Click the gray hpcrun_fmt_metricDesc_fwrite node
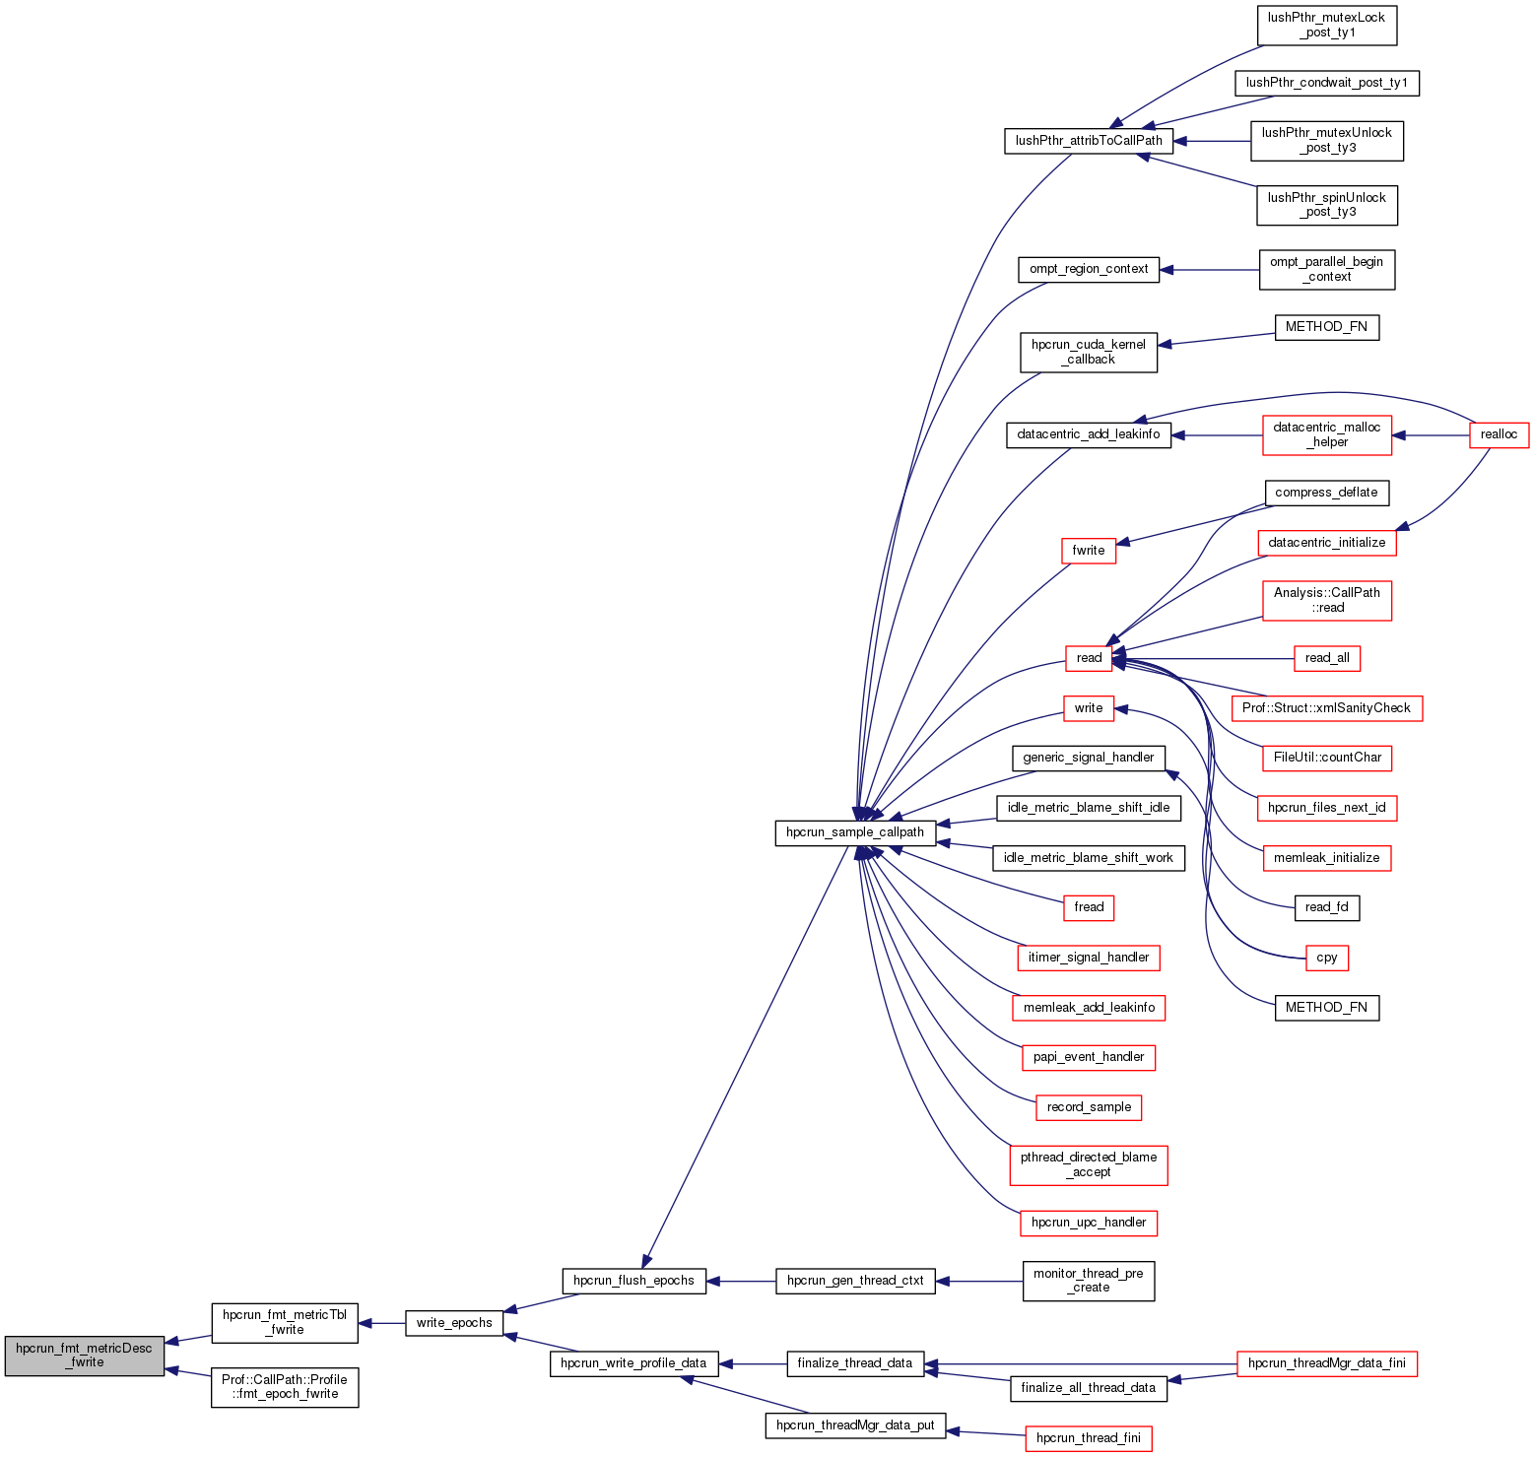click(84, 1356)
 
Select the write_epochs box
click(454, 1323)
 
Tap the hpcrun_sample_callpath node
click(855, 832)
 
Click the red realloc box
click(1499, 434)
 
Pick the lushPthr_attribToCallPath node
click(1089, 141)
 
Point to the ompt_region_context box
click(1089, 269)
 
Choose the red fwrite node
click(1089, 551)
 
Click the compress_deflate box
click(1326, 493)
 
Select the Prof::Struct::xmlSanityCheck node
click(1326, 708)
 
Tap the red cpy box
click(1326, 958)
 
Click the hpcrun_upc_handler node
click(1089, 1223)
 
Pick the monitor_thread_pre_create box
click(1089, 1281)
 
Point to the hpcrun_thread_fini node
click(1089, 1438)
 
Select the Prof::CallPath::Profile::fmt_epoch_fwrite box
click(285, 1387)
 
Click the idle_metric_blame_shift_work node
click(1089, 858)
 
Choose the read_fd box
click(1326, 907)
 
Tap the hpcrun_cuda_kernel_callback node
click(1089, 352)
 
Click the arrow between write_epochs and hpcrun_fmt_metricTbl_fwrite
click(382, 1323)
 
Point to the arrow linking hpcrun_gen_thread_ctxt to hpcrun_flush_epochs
click(741, 1281)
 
